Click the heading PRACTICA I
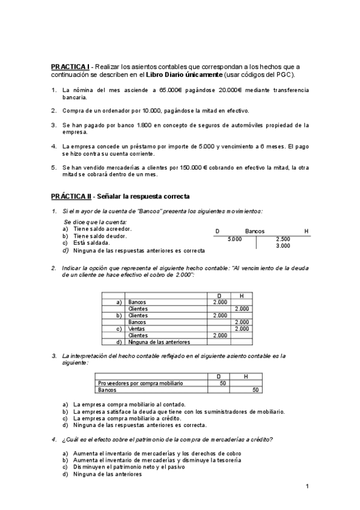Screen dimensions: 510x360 pyautogui.click(x=70, y=66)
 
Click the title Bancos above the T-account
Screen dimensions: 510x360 pyautogui.click(x=255, y=231)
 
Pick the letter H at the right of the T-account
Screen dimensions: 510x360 pyautogui.click(x=307, y=231)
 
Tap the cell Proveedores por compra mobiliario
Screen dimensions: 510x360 pyautogui.click(x=141, y=383)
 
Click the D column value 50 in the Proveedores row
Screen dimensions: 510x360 pyautogui.click(x=223, y=383)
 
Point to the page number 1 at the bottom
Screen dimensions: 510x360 pyautogui.click(x=307, y=486)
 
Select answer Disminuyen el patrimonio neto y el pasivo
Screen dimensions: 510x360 pyautogui.click(x=129, y=466)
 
